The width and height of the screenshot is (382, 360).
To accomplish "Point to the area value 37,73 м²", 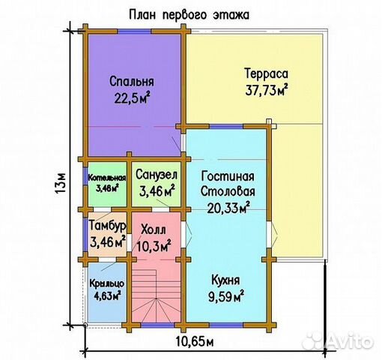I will [x=267, y=90].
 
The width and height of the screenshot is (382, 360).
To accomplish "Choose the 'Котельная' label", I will [x=105, y=177].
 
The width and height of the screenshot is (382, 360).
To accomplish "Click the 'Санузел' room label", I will [x=156, y=175].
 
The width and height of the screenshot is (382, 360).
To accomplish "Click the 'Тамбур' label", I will [x=106, y=226].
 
